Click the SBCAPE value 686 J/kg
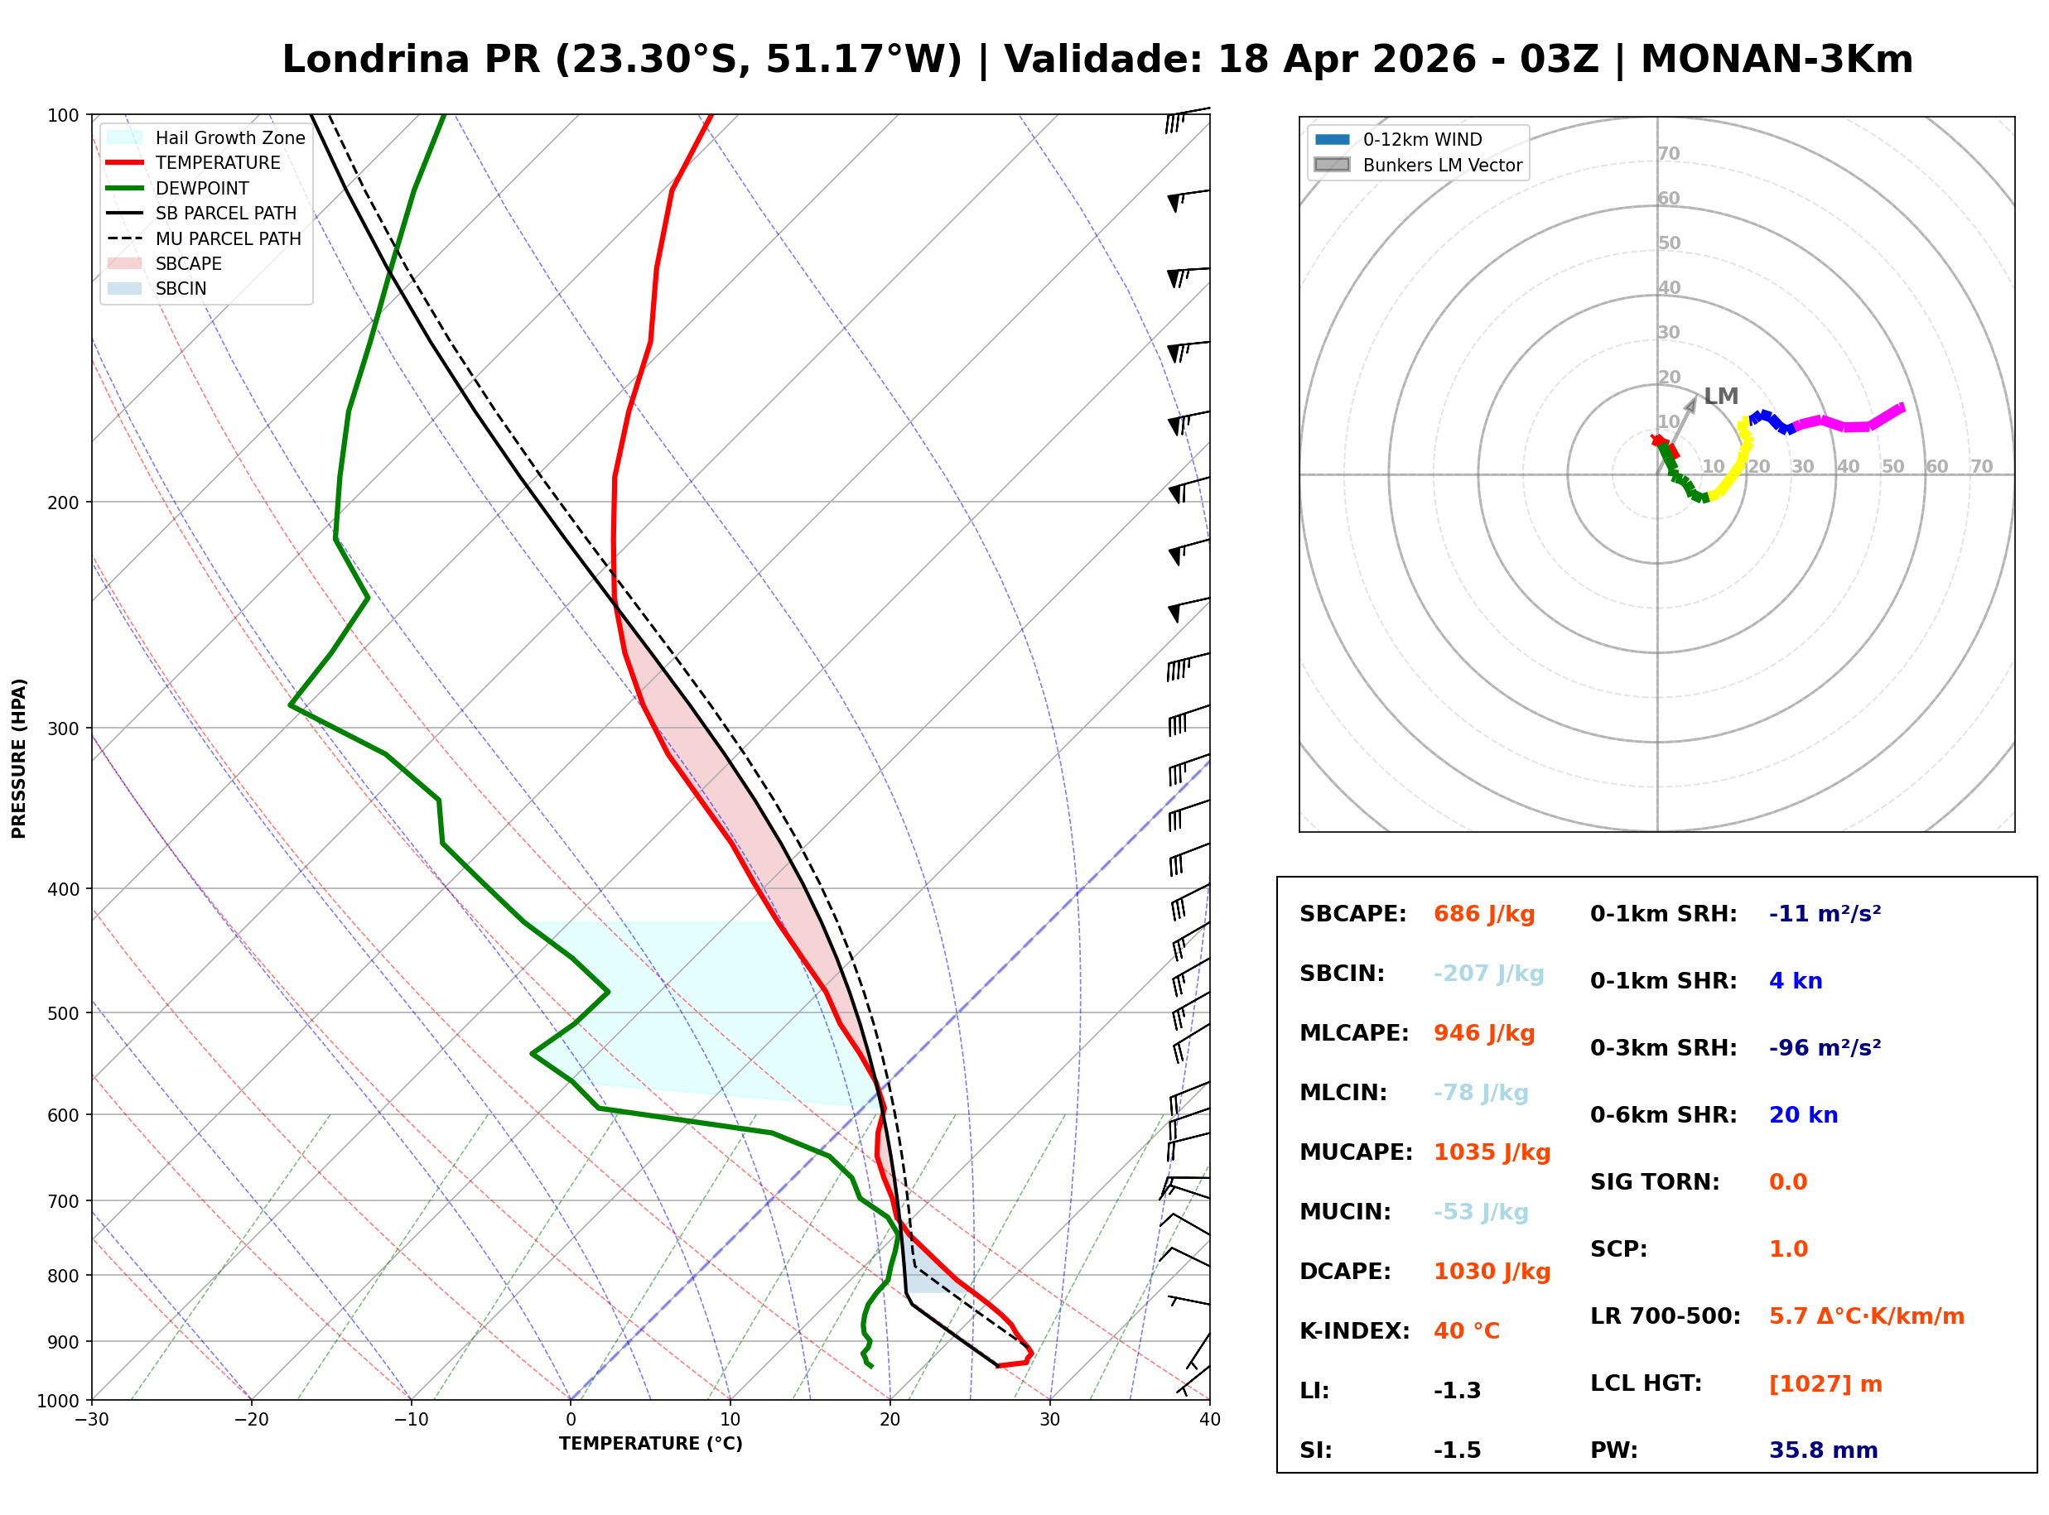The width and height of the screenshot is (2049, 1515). point(1483,914)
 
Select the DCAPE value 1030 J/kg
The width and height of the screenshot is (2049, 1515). point(1492,1272)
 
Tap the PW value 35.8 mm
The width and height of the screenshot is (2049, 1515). point(1822,1450)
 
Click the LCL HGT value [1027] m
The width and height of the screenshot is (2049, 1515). point(1825,1384)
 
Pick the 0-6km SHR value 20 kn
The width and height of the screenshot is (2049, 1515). point(1802,1115)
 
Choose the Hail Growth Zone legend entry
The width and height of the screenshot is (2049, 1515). point(229,137)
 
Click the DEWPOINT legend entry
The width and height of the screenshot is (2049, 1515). point(202,188)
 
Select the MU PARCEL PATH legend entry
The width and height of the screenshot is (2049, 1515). point(228,238)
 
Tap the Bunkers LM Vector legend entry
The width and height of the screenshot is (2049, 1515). point(1441,165)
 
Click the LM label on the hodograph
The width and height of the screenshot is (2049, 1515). point(1721,397)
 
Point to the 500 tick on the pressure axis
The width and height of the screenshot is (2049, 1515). point(62,1013)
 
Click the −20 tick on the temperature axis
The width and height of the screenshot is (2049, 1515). point(250,1421)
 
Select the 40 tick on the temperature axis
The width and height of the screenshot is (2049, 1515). point(1209,1421)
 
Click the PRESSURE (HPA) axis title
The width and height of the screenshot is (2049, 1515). point(19,758)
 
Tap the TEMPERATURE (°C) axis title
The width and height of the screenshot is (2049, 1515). point(650,1445)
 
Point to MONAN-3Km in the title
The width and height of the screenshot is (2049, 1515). point(1776,60)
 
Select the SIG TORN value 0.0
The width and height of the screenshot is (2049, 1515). point(1787,1182)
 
